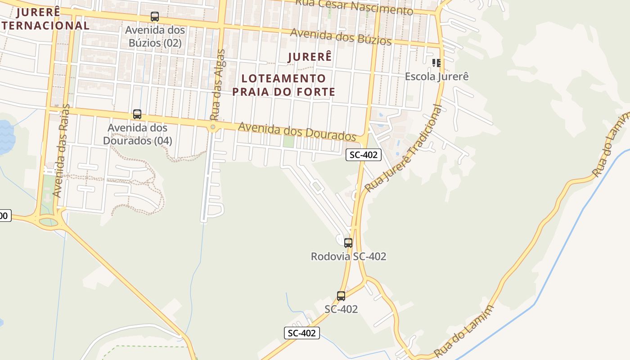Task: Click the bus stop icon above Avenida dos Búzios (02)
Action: (155, 17)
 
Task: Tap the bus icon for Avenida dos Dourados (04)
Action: (137, 114)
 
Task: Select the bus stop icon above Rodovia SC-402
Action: (348, 243)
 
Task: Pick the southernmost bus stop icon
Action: (341, 296)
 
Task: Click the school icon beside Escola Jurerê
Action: (436, 63)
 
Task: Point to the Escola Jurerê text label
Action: (436, 76)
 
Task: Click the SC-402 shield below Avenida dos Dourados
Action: (364, 155)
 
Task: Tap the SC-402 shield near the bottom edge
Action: (302, 333)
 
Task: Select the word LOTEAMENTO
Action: (283, 78)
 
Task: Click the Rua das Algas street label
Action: (217, 84)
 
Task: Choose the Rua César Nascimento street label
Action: (354, 7)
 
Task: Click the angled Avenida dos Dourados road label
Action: (297, 131)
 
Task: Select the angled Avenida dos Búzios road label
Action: (341, 36)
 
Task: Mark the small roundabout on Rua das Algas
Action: (213, 128)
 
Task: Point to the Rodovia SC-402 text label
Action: (348, 256)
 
